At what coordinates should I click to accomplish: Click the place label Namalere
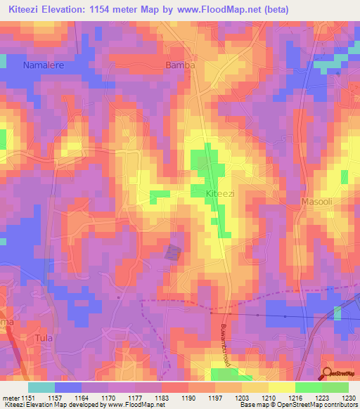click(44, 65)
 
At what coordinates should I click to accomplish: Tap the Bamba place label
click(179, 65)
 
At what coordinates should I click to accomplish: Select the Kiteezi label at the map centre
click(205, 193)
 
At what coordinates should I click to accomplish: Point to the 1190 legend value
click(186, 398)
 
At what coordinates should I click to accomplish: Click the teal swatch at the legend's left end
click(41, 387)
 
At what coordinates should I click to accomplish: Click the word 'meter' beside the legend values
click(9, 398)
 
